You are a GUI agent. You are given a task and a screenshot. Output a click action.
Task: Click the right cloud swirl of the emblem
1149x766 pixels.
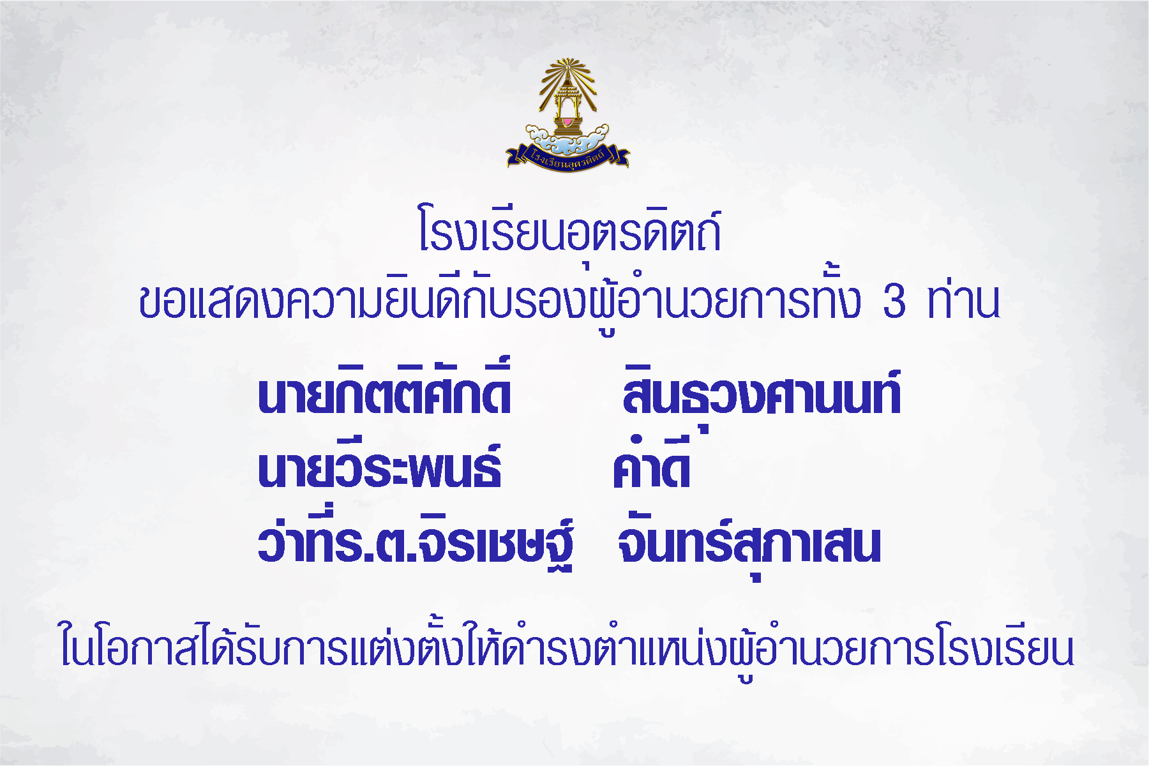tap(592, 136)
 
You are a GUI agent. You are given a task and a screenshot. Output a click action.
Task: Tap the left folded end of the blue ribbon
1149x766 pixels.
tap(515, 156)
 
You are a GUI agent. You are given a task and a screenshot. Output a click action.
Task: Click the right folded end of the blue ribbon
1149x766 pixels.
tap(620, 156)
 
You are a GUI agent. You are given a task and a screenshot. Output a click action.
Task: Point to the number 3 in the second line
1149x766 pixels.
tap(894, 301)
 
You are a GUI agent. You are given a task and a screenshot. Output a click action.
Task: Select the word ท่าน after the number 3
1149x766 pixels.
tap(964, 299)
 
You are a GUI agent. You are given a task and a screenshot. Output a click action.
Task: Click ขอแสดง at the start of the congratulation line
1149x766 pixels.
tap(210, 301)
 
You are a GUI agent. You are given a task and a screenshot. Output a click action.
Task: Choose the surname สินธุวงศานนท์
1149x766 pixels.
tap(762, 393)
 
